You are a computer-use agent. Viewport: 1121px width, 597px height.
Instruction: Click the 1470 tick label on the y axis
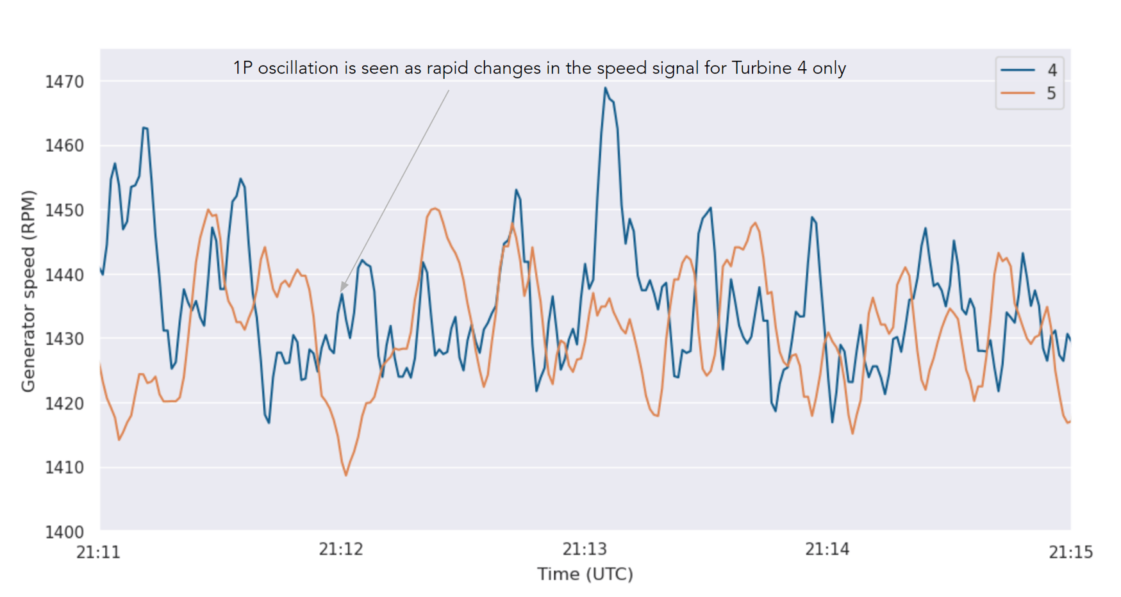click(64, 82)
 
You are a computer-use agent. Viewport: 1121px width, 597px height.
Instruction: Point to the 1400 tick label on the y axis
click(64, 532)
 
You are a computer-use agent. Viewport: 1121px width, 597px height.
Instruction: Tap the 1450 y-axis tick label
click(64, 211)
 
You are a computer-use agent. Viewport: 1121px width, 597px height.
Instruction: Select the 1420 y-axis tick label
click(64, 404)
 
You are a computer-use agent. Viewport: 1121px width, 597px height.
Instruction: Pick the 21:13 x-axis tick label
click(585, 550)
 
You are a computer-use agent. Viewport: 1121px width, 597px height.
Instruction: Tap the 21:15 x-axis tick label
click(1070, 552)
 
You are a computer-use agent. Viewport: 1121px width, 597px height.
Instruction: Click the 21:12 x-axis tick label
click(341, 550)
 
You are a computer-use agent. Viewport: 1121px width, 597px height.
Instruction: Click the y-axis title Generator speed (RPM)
click(28, 291)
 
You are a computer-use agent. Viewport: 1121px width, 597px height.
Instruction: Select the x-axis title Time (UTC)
click(585, 574)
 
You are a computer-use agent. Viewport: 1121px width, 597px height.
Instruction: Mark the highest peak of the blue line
click(605, 88)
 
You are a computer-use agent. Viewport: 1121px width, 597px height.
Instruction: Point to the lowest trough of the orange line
click(346, 475)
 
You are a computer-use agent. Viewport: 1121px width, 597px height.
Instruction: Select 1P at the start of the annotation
click(243, 68)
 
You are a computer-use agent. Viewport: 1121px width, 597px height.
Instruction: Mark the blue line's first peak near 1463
click(145, 128)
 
